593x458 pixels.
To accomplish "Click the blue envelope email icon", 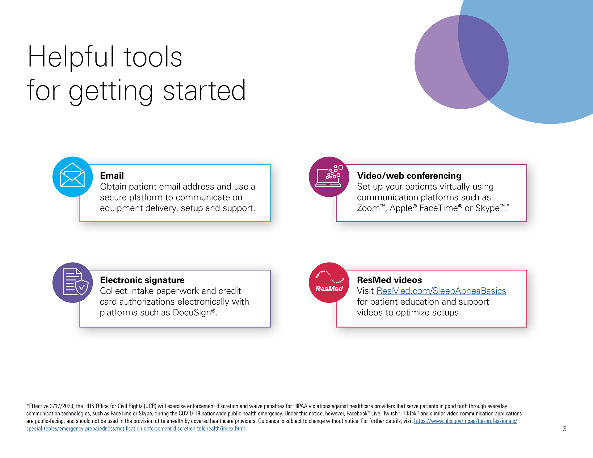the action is pyautogui.click(x=73, y=177).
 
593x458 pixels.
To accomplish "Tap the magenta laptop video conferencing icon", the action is pyautogui.click(x=329, y=177).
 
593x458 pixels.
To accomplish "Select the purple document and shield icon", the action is pyautogui.click(x=73, y=282).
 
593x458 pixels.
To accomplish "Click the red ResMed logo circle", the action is pyautogui.click(x=329, y=282).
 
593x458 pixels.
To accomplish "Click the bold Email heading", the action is pyautogui.click(x=112, y=176).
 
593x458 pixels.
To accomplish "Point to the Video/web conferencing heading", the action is pyautogui.click(x=409, y=176).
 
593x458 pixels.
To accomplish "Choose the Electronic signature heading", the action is pyautogui.click(x=142, y=280).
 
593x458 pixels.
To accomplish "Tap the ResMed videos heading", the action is pyautogui.click(x=389, y=280).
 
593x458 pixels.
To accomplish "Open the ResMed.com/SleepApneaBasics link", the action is pyautogui.click(x=441, y=291).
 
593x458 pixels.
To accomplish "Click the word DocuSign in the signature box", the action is pyautogui.click(x=192, y=313).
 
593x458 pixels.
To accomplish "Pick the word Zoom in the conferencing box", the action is pyautogui.click(x=368, y=208).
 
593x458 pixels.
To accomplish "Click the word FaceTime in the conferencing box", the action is pyautogui.click(x=439, y=208).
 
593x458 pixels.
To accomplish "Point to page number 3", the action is pyautogui.click(x=565, y=429).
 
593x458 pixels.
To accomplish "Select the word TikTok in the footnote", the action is pyautogui.click(x=410, y=414).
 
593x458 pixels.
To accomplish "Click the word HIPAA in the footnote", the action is pyautogui.click(x=300, y=406).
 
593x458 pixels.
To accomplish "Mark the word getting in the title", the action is pyautogui.click(x=111, y=92).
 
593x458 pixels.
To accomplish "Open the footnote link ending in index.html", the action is pyautogui.click(x=136, y=429).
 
